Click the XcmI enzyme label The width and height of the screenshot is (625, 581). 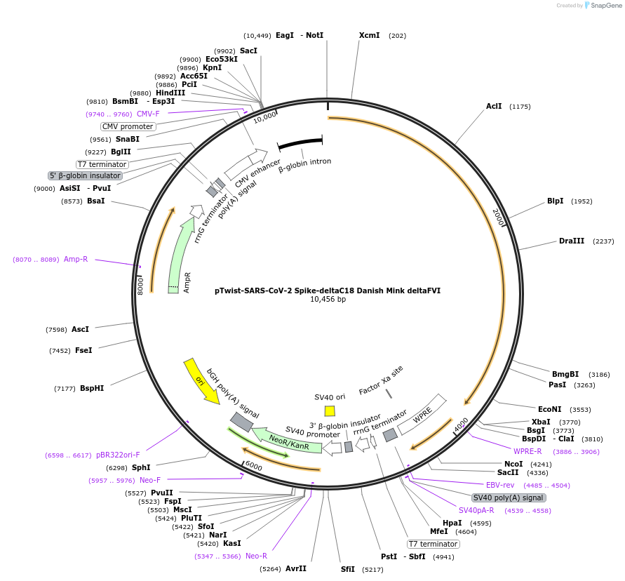point(369,35)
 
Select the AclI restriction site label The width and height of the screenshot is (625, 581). point(494,107)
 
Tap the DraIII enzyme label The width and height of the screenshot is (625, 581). point(572,241)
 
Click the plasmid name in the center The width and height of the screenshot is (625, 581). point(328,290)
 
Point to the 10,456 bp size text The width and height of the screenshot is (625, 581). point(328,300)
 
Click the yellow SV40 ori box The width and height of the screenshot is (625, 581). point(330,410)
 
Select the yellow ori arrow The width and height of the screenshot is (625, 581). point(201,381)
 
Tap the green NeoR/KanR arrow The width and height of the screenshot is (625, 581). point(288,441)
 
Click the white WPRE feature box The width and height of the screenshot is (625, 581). point(422,414)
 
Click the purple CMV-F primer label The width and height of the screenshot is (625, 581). point(148,114)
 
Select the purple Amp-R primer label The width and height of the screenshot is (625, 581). point(76,259)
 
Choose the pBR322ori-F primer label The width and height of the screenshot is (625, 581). point(118,455)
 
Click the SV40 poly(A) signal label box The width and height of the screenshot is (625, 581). point(509,497)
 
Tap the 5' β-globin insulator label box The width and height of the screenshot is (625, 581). point(85,175)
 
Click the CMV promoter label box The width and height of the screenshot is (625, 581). point(128,126)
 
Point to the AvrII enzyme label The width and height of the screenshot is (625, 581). point(295,568)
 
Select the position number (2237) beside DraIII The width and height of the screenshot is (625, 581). point(603,241)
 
